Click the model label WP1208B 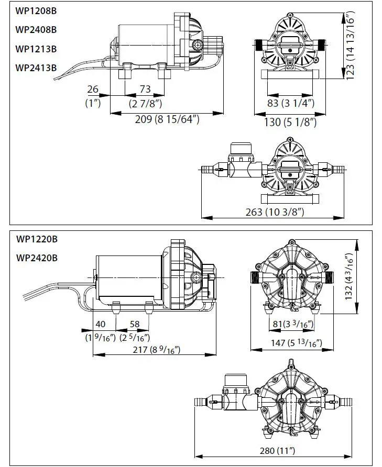(x=36, y=10)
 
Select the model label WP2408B (x=36, y=29)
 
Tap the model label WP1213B (x=36, y=49)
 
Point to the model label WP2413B (x=36, y=68)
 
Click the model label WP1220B (x=37, y=239)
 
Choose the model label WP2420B (x=37, y=258)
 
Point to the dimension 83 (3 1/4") (x=291, y=103)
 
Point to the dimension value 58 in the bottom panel (x=135, y=325)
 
